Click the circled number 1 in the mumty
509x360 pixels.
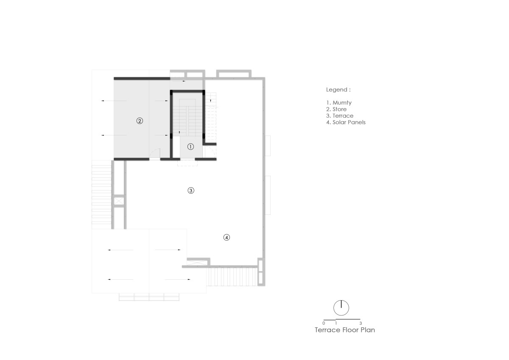(190, 147)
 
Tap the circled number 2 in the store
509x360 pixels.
(140, 121)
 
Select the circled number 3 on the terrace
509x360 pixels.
(191, 190)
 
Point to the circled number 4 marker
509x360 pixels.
(227, 237)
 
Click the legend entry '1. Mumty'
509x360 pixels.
(339, 103)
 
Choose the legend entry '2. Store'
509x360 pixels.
(336, 109)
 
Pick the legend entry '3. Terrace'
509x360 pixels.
(340, 116)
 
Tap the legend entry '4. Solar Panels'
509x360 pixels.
(346, 122)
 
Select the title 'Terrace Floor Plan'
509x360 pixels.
(345, 330)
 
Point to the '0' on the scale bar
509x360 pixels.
(324, 323)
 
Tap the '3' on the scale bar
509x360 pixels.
(361, 323)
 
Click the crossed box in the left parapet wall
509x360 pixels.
(119, 201)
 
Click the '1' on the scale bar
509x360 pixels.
(336, 323)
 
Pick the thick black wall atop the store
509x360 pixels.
(142, 79)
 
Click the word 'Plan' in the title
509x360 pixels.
(367, 330)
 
